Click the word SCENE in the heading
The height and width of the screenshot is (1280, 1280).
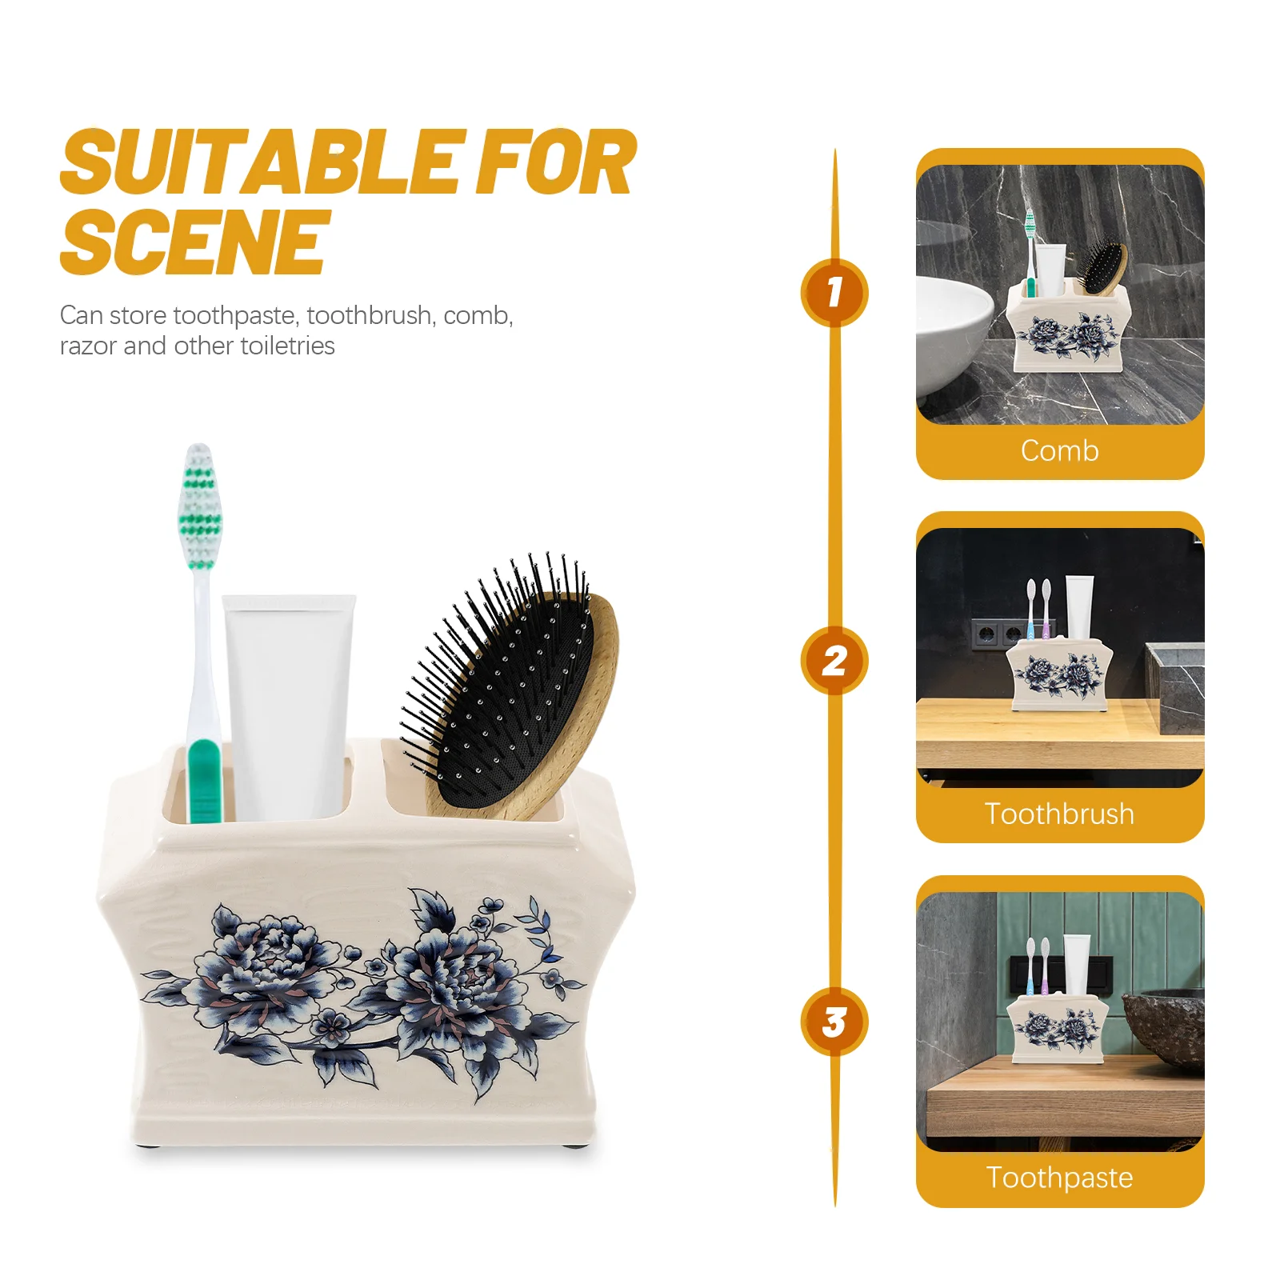(194, 242)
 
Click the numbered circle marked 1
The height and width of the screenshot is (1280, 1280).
(834, 292)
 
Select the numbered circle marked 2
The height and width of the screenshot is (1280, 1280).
(834, 660)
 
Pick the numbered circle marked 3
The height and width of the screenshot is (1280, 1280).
(834, 1022)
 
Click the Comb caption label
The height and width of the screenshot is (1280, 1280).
(1059, 451)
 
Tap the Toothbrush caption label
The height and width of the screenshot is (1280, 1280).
(1059, 814)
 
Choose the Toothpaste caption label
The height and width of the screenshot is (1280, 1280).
(1059, 1178)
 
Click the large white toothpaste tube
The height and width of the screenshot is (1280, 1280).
(289, 707)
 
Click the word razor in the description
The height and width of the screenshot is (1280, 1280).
(89, 346)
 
